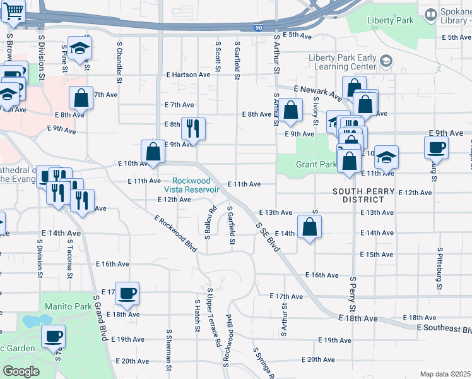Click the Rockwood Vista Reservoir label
196,184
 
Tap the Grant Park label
316,165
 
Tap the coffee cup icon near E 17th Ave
127,293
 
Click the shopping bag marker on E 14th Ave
309,227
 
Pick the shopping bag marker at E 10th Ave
153,152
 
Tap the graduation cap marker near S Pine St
80,49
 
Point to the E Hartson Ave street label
188,75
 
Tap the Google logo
21,371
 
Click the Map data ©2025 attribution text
445,374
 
